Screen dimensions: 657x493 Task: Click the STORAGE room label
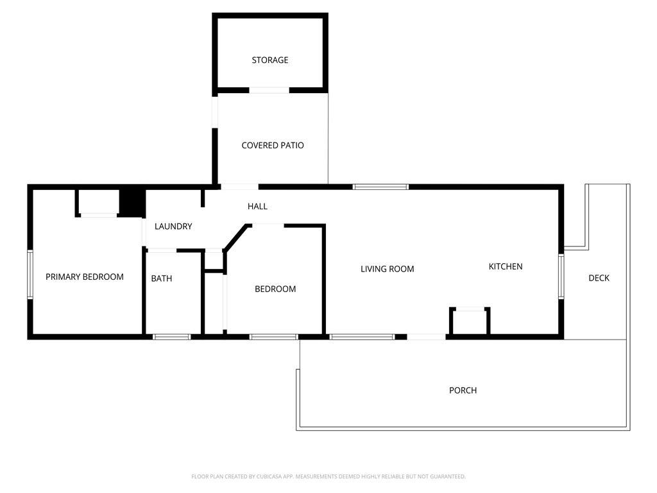click(x=270, y=60)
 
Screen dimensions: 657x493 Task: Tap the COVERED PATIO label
click(x=273, y=146)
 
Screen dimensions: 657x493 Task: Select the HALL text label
click(x=257, y=206)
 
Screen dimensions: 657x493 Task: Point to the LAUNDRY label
click(x=173, y=227)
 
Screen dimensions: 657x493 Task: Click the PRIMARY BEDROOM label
click(x=85, y=277)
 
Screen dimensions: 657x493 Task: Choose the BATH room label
click(x=162, y=279)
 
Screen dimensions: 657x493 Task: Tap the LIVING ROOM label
click(x=387, y=269)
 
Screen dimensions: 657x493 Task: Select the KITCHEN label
click(x=506, y=266)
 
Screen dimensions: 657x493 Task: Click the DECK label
click(x=599, y=278)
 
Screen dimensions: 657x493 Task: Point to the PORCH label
click(x=463, y=390)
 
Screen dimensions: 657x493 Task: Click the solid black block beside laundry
click(x=132, y=203)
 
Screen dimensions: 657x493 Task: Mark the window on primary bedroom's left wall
click(x=30, y=274)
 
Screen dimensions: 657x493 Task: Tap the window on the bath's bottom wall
click(x=171, y=337)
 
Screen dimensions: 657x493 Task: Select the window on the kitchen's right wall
click(x=561, y=276)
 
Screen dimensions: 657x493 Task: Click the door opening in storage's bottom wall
click(x=269, y=90)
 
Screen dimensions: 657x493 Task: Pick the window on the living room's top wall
click(x=380, y=187)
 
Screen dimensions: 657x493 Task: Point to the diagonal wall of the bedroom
click(x=235, y=238)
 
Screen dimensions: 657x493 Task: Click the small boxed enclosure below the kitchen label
click(x=470, y=322)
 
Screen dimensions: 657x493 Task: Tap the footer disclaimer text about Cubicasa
click(x=328, y=477)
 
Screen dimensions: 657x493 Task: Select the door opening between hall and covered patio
click(x=240, y=187)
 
